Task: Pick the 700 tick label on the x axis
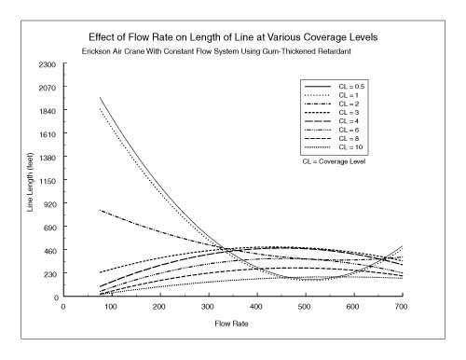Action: point(401,306)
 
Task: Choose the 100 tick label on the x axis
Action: point(111,306)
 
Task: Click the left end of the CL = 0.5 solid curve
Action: point(100,98)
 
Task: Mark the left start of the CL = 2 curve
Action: point(100,210)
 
